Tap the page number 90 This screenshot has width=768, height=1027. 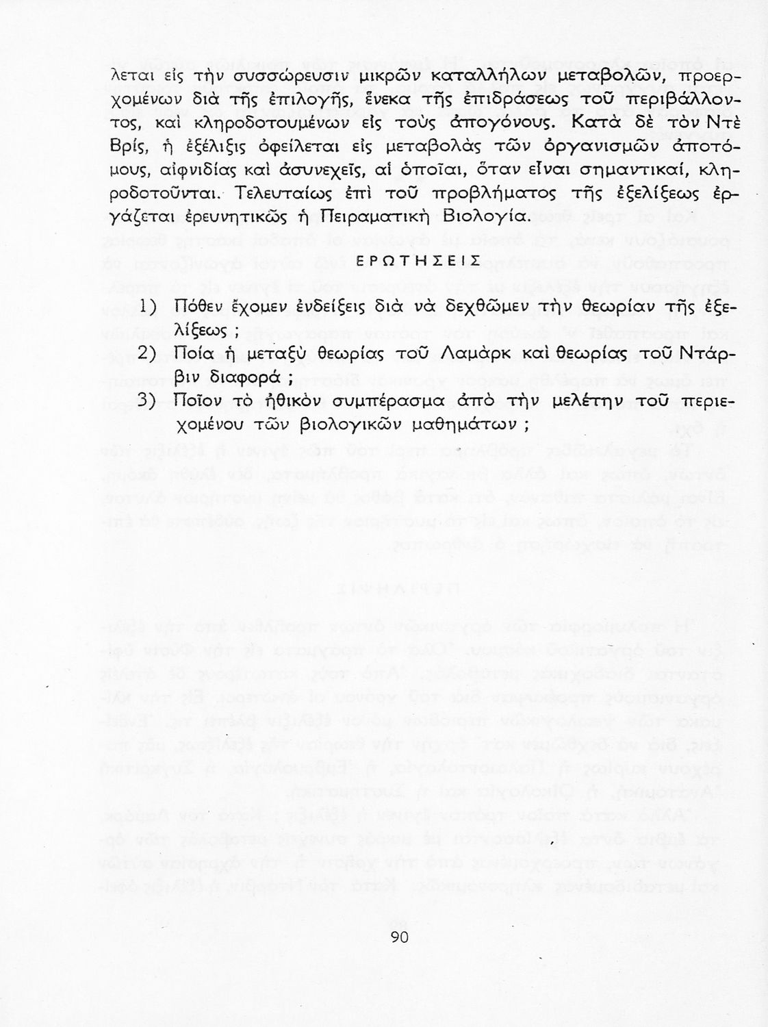pyautogui.click(x=399, y=937)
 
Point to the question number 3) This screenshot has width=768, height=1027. pyautogui.click(x=149, y=401)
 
